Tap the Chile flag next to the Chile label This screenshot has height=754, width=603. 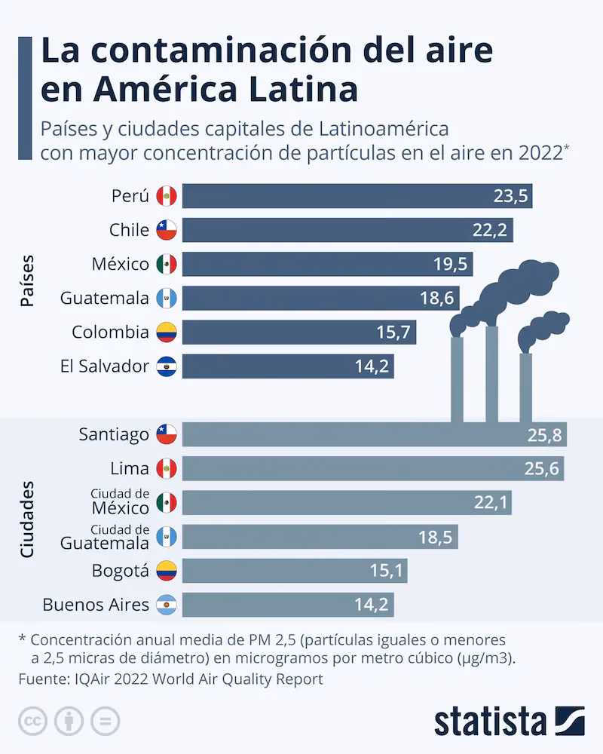click(x=166, y=230)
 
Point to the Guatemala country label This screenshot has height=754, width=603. click(x=104, y=298)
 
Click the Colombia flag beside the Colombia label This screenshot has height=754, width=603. click(x=166, y=332)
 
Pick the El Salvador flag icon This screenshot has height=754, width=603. click(x=166, y=366)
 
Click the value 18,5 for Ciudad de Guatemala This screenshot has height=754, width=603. click(x=436, y=537)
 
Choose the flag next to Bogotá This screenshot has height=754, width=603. click(x=166, y=571)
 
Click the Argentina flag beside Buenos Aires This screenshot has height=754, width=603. click(x=166, y=605)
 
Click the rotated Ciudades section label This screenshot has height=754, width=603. click(x=27, y=520)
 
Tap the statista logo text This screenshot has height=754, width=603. click(x=490, y=722)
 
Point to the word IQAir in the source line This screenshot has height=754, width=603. click(x=96, y=679)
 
